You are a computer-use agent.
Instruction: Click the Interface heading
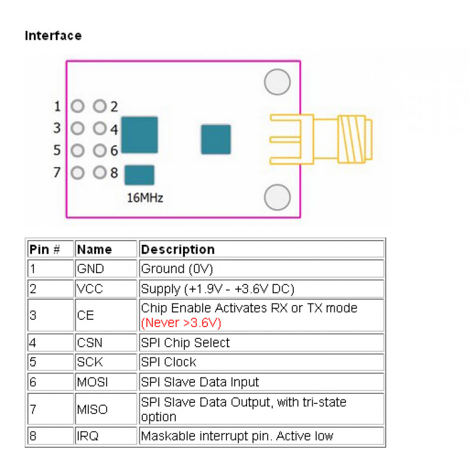[x=53, y=36]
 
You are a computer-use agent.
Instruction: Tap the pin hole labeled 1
[x=78, y=106]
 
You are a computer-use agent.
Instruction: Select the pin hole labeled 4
[x=100, y=129]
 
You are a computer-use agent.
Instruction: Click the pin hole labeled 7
[x=78, y=173]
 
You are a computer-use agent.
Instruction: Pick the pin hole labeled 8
[x=100, y=172]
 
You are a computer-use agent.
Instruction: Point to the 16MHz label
[x=145, y=198]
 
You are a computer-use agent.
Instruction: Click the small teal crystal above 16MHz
[x=139, y=175]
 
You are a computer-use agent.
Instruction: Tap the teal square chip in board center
[x=216, y=139]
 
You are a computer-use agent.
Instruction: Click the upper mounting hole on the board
[x=277, y=82]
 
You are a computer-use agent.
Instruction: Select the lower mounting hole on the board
[x=277, y=197]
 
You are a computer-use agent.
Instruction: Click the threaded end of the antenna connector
[x=355, y=139]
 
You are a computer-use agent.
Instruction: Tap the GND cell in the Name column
[x=106, y=269]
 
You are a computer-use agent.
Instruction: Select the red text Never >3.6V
[x=181, y=323]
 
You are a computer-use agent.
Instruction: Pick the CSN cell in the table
[x=106, y=343]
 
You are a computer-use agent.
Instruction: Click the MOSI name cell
[x=106, y=382]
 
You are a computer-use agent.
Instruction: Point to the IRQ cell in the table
[x=106, y=436]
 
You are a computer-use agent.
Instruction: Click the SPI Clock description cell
[x=261, y=362]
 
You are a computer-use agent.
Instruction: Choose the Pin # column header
[x=50, y=249]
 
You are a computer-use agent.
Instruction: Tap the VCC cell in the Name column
[x=106, y=289]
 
